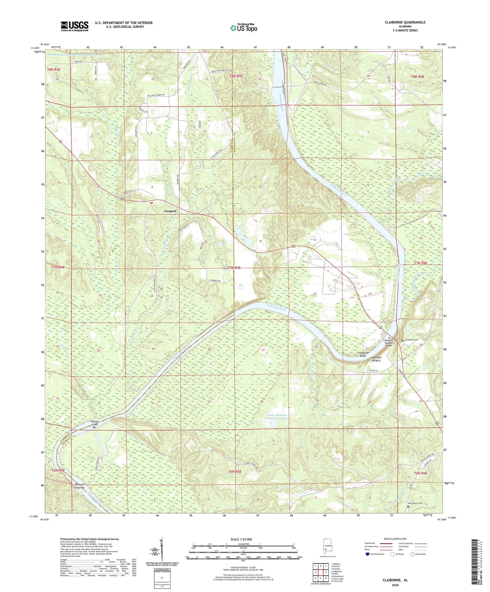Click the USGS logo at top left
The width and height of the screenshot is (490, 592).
point(75,26)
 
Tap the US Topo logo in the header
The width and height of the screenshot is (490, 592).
point(243,27)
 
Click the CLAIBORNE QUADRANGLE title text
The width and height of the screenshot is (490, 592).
point(405,22)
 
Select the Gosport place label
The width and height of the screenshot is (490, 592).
point(170,211)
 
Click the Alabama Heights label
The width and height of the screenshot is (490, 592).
point(376,359)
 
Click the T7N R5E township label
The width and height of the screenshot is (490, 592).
point(234,268)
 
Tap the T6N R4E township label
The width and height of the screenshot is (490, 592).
point(58,470)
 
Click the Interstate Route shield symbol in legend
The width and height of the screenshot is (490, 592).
point(368,554)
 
